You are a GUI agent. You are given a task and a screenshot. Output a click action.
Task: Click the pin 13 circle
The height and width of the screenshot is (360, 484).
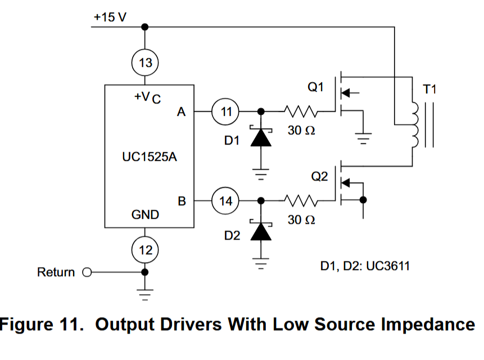click(145, 62)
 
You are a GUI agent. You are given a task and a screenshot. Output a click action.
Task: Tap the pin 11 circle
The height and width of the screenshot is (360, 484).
click(225, 111)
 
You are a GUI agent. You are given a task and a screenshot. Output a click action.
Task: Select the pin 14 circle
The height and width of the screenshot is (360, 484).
click(225, 200)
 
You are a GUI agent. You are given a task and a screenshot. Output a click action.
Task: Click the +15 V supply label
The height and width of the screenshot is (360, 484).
click(110, 17)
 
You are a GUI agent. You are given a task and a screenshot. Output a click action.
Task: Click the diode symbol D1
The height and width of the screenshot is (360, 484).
click(260, 137)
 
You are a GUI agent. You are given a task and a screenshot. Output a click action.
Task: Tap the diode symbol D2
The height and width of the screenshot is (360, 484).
click(260, 231)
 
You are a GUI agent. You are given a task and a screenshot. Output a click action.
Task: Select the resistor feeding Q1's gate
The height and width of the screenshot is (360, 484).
click(302, 111)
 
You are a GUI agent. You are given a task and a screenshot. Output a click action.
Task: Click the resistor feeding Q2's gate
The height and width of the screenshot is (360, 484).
click(302, 200)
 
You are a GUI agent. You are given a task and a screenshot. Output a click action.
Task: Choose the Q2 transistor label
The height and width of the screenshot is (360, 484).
click(319, 177)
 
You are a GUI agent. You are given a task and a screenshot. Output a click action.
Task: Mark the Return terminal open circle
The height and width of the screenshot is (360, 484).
click(87, 273)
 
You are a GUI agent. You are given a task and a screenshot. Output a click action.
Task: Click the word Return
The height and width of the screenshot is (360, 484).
click(56, 273)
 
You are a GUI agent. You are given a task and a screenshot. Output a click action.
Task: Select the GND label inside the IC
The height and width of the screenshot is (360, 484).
click(145, 214)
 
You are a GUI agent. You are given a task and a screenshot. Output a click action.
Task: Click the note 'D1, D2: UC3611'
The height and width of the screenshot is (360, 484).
click(365, 265)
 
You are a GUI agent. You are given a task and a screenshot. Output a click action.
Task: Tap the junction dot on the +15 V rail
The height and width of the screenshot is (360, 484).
click(145, 26)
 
